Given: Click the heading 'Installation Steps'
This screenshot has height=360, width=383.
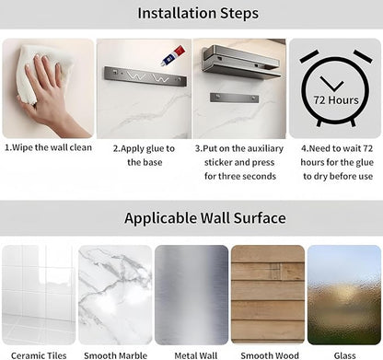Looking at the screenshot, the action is [198, 14].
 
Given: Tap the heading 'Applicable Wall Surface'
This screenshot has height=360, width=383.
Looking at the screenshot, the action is [205, 218].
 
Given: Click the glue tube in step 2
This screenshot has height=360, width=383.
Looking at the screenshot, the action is [172, 55].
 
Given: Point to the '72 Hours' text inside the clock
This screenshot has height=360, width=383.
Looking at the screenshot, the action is [336, 100].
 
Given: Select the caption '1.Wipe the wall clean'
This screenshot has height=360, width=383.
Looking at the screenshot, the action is [48, 147].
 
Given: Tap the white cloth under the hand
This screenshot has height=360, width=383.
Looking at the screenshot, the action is [42, 72].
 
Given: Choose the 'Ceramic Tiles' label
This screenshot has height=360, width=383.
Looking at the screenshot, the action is [39, 355].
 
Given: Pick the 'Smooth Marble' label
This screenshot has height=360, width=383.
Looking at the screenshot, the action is [115, 355].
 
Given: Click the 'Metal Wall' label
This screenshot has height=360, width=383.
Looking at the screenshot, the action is [196, 355].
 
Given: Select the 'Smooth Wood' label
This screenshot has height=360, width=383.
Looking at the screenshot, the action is [270, 355].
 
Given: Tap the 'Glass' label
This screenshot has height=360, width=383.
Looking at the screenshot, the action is [345, 355].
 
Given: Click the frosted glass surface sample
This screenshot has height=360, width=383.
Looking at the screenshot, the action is [344, 295].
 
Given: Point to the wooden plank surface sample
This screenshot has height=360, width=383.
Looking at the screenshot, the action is [268, 295].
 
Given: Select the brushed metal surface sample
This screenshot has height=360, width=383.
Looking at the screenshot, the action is [191, 295].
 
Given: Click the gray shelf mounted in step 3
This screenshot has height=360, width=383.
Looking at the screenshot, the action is [241, 63].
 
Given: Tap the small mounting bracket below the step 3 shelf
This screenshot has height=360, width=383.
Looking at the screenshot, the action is [234, 99].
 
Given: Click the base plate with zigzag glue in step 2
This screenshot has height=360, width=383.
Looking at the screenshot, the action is [145, 76].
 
